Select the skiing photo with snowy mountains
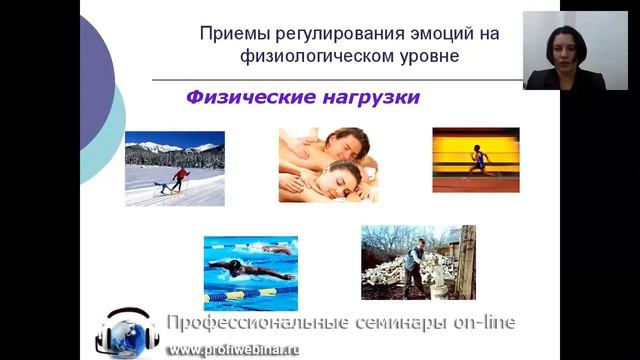coord(175,167)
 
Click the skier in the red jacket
coord(181,179)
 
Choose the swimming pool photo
coord(250,270)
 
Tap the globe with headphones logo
coord(127,334)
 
